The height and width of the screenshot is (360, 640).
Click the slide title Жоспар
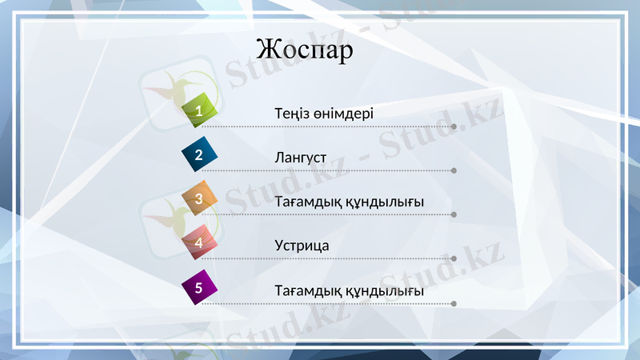pos(305,50)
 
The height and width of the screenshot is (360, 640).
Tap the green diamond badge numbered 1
pos(199,110)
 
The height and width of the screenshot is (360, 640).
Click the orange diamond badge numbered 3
pos(199,198)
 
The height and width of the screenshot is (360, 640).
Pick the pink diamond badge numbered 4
pos(199,242)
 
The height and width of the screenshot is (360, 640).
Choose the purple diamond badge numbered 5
pos(199,286)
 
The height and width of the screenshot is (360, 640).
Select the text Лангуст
pos(300,158)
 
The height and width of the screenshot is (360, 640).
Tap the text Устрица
pos(302,246)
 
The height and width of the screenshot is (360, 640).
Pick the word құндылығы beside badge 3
pos(385,202)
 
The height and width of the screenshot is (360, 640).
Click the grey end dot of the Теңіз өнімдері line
pos(454,126)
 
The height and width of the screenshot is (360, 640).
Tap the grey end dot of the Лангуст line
pos(454,170)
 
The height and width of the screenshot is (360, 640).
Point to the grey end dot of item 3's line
pos(454,214)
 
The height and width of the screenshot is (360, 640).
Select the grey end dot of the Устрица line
pos(454,258)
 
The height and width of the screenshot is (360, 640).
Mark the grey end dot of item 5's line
pos(454,303)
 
